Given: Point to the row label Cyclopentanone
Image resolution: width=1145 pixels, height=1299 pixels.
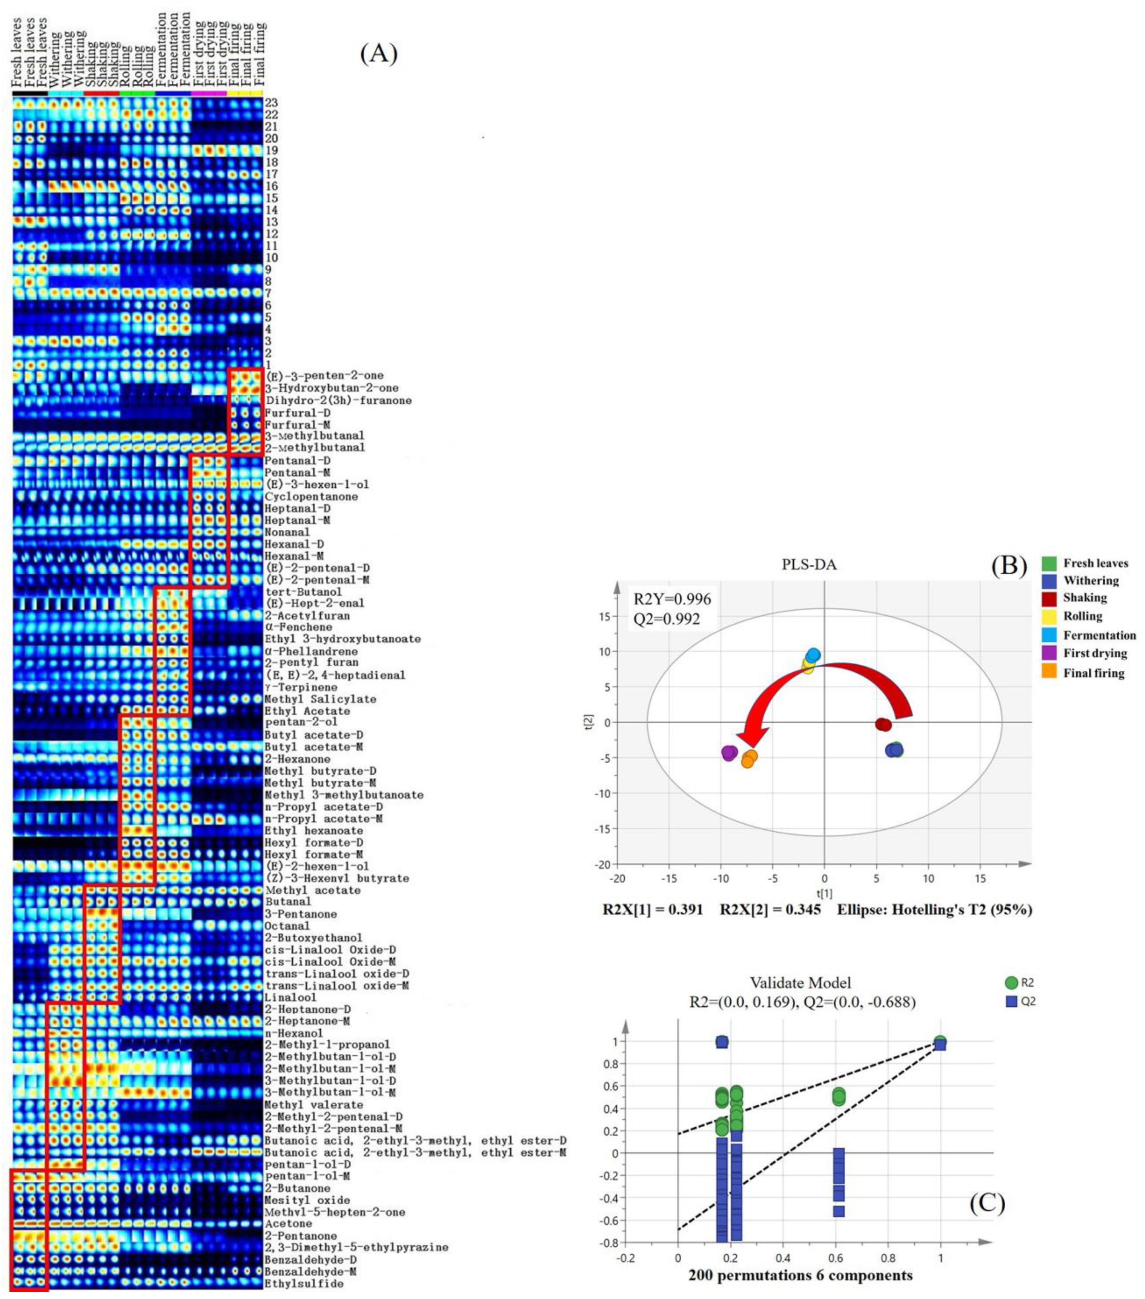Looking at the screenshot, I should (x=312, y=496).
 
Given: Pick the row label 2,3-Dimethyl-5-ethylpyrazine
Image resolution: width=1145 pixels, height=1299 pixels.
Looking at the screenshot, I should (x=356, y=1248).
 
